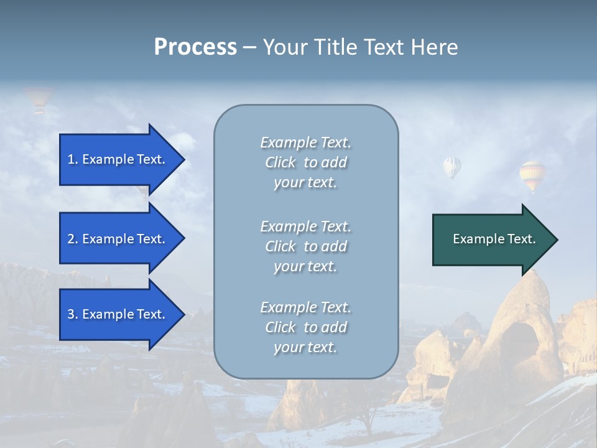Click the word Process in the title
(195, 47)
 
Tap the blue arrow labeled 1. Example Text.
(118, 159)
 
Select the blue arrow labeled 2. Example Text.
(118, 239)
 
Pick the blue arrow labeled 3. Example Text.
(118, 314)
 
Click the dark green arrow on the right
(491, 239)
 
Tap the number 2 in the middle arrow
(70, 239)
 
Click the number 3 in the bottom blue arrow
(70, 314)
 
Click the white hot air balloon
(452, 166)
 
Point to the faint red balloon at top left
(39, 98)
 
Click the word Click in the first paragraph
(280, 162)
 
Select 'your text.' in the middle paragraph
(305, 266)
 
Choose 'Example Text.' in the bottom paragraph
(305, 307)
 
